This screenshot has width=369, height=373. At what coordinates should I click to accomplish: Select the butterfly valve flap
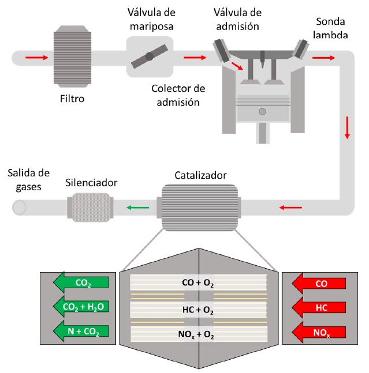(x=150, y=56)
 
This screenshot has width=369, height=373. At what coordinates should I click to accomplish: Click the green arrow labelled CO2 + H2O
(x=79, y=307)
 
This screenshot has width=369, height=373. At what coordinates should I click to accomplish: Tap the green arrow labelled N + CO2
(x=79, y=331)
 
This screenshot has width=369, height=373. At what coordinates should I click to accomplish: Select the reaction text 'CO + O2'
(x=198, y=283)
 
